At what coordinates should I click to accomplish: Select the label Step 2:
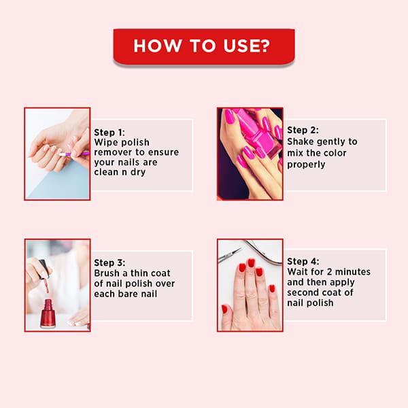pos(303,130)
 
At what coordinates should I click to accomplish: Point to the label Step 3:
pos(110,263)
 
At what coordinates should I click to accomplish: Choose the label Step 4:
pos(303,261)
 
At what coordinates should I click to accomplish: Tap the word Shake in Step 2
pos(301,141)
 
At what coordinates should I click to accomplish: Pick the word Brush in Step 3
pos(108,273)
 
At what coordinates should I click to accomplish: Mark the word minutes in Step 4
pos(354,272)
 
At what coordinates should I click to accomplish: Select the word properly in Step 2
pos(306,165)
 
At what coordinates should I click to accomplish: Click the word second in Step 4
pos(303,292)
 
